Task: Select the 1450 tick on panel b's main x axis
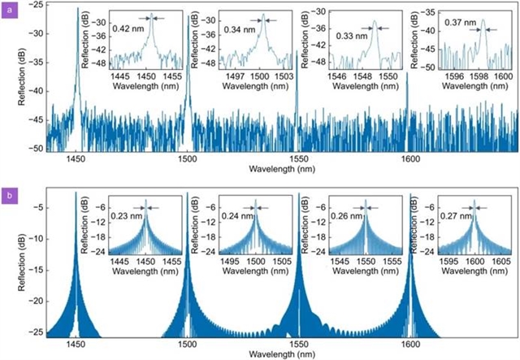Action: (76, 344)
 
